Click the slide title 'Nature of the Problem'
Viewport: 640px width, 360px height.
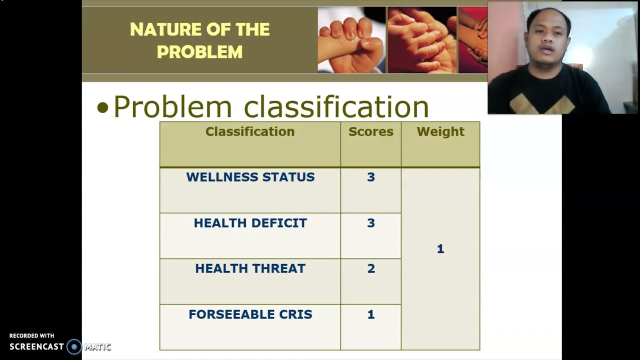tap(199, 40)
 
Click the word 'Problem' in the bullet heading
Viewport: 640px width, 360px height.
tap(172, 106)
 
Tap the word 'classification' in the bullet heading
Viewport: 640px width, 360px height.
tap(336, 106)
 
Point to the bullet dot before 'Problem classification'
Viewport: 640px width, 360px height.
tap(102, 108)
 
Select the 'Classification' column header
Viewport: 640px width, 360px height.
tap(250, 131)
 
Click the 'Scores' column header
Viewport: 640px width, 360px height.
tap(370, 131)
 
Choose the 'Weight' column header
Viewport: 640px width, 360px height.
tap(440, 131)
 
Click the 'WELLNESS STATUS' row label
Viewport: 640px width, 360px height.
tap(250, 177)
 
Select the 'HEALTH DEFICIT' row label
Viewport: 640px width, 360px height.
tap(250, 223)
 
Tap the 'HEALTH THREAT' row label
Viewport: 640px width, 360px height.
tap(250, 268)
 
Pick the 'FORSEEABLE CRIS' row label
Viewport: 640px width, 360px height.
tap(250, 314)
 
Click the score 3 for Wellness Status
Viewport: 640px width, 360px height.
tap(370, 177)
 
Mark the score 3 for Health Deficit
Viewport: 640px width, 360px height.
tap(370, 223)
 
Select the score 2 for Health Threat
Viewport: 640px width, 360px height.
tap(370, 268)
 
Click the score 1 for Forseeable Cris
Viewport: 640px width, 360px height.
tap(370, 314)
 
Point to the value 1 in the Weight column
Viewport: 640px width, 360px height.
tap(440, 249)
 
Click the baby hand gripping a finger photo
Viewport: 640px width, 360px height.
tap(351, 40)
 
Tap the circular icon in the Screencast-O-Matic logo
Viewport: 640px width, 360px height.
tap(74, 346)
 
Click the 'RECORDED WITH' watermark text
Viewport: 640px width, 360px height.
tap(31, 335)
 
